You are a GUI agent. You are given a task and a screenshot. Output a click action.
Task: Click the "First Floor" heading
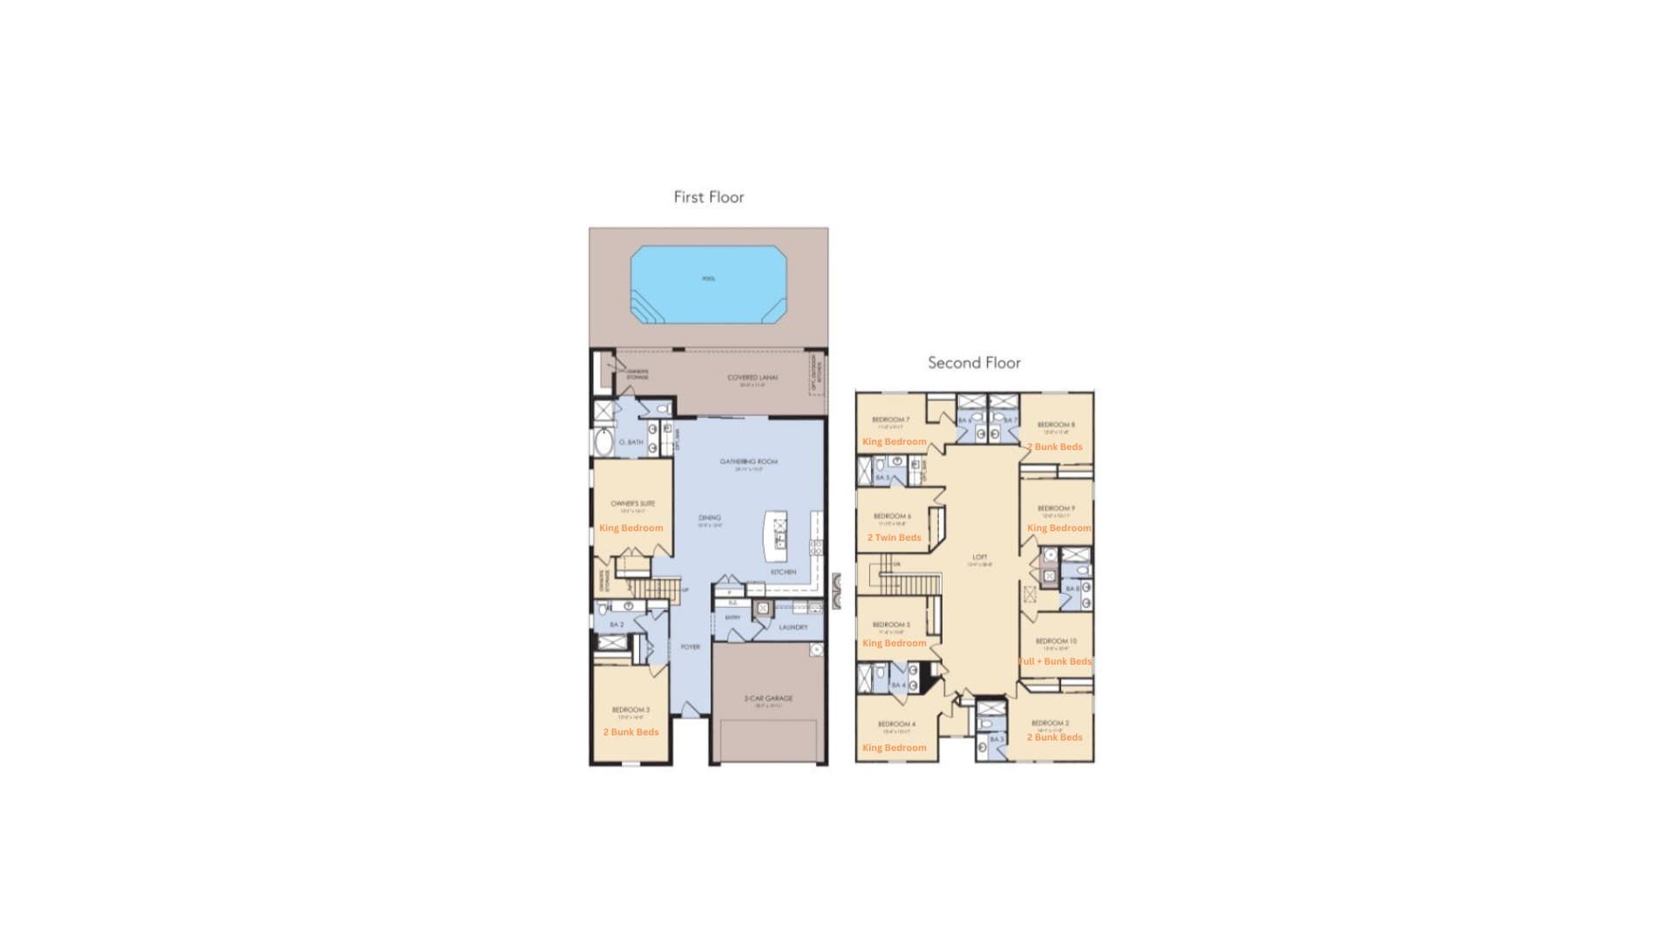tap(708, 197)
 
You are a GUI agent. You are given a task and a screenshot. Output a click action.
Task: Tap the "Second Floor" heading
tap(974, 363)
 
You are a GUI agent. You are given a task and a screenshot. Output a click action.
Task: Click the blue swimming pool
tap(708, 284)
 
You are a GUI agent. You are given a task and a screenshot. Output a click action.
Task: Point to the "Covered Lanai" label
tap(752, 378)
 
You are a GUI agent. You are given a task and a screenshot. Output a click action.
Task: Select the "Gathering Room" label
tap(748, 461)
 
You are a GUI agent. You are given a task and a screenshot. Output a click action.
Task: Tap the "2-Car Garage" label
tap(768, 699)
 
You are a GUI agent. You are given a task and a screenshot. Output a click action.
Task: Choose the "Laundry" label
tap(793, 627)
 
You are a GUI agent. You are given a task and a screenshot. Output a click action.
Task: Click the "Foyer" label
tap(690, 647)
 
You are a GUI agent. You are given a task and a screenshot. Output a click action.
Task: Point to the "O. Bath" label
tap(630, 442)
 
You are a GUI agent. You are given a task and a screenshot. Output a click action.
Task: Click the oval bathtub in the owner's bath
tap(603, 442)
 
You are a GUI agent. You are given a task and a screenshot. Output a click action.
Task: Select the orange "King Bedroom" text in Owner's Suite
tap(631, 528)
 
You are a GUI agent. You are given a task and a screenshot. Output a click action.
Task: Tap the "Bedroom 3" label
tap(630, 710)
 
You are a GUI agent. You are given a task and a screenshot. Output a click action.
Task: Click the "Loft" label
tap(980, 557)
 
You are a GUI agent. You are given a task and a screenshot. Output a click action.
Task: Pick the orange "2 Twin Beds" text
tap(894, 537)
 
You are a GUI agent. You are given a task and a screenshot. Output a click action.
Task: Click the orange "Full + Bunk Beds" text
tap(1055, 661)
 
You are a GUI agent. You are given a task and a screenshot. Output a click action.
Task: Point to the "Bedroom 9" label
tap(1056, 509)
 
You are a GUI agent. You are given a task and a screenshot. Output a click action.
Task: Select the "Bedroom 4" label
tap(896, 724)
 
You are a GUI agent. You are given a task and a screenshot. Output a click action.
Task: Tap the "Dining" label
tap(710, 518)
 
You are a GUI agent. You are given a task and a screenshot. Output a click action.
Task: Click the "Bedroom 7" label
tap(890, 420)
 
